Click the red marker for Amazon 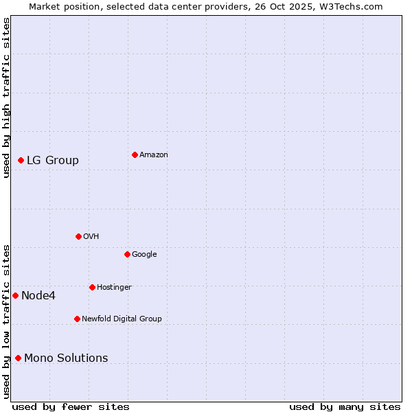pyautogui.click(x=135, y=154)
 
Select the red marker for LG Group pyautogui.click(x=21, y=160)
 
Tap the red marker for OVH pyautogui.click(x=78, y=236)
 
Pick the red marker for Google pyautogui.click(x=127, y=254)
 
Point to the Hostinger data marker pyautogui.click(x=92, y=287)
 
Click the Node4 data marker pyautogui.click(x=15, y=295)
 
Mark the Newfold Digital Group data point pyautogui.click(x=77, y=319)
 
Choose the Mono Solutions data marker pyautogui.click(x=18, y=358)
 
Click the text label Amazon pyautogui.click(x=153, y=155)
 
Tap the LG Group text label pyautogui.click(x=53, y=161)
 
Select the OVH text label pyautogui.click(x=91, y=237)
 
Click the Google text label pyautogui.click(x=144, y=255)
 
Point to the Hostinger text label pyautogui.click(x=114, y=288)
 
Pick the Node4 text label pyautogui.click(x=38, y=296)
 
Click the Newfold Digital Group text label pyautogui.click(x=122, y=319)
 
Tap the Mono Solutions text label pyautogui.click(x=66, y=358)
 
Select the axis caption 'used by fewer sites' pyautogui.click(x=71, y=407)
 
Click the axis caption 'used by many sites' pyautogui.click(x=345, y=407)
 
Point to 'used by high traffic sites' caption pyautogui.click(x=6, y=98)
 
